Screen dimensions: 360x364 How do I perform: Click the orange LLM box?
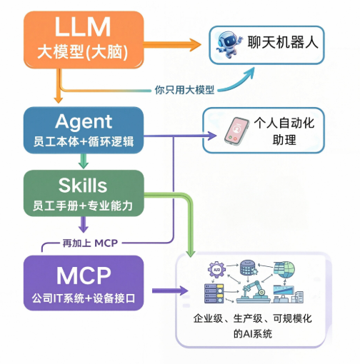tap(84, 40)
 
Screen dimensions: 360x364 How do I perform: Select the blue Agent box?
tap(84, 130)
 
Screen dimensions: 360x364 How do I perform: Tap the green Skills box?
tap(84, 193)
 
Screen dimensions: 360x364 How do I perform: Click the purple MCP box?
tap(84, 283)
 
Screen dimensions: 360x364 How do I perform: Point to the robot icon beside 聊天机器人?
tap(229, 44)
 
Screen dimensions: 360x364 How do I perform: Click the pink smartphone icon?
tap(237, 131)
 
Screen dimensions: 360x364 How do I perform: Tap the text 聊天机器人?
tap(283, 42)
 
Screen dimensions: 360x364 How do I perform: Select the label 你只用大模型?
tap(184, 90)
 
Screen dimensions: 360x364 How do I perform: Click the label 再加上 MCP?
tap(90, 243)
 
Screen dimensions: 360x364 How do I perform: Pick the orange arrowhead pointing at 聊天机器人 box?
tap(195, 45)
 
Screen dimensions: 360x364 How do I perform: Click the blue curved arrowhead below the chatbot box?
tap(249, 72)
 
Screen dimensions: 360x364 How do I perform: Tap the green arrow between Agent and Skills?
tap(84, 161)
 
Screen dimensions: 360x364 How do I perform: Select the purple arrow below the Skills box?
tap(84, 224)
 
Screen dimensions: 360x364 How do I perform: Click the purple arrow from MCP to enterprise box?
tap(170, 290)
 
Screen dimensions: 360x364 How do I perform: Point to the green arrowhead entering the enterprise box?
tap(191, 253)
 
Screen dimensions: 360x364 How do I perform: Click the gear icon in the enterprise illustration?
tap(216, 270)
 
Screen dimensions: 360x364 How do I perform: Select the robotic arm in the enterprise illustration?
tap(253, 292)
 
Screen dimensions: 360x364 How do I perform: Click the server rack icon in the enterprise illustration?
tap(214, 293)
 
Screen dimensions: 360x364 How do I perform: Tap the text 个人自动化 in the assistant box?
tap(284, 123)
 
